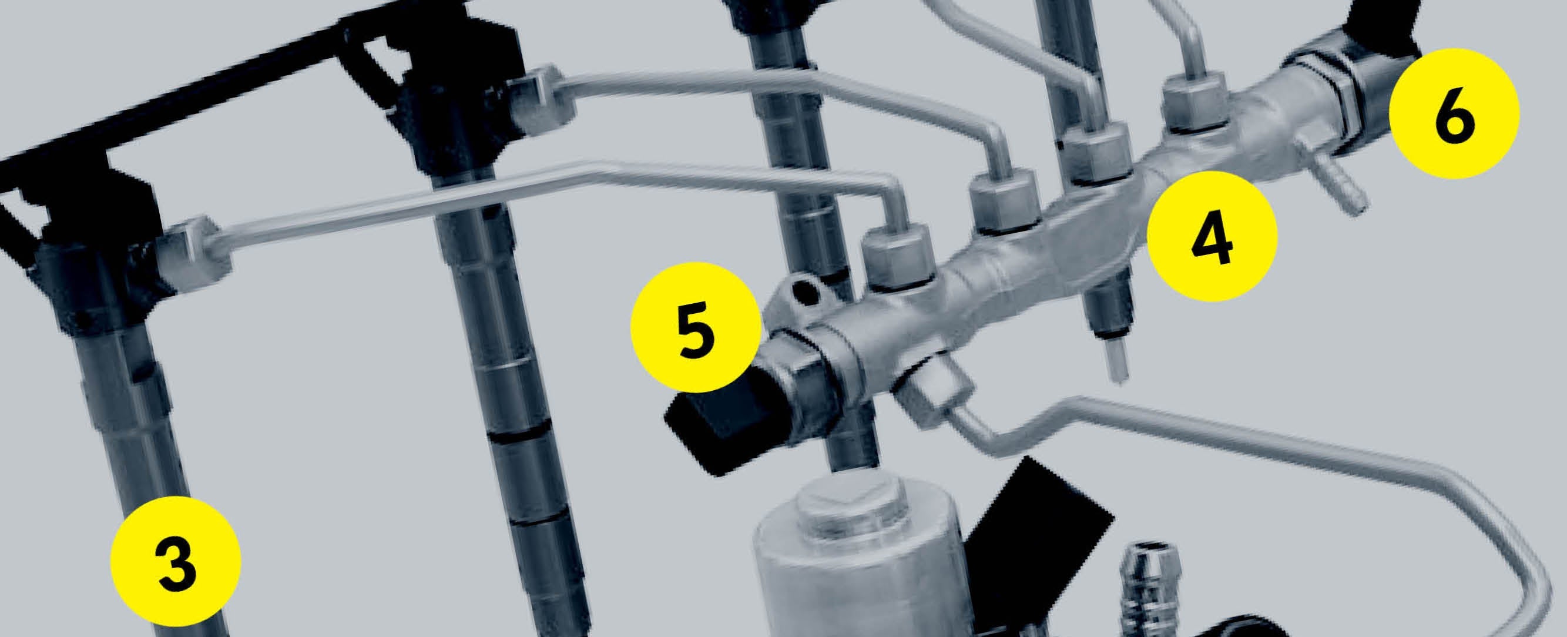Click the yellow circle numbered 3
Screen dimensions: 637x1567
pos(176,558)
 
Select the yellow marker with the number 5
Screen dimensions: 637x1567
pos(696,327)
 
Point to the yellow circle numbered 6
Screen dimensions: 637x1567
pos(1454,113)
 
